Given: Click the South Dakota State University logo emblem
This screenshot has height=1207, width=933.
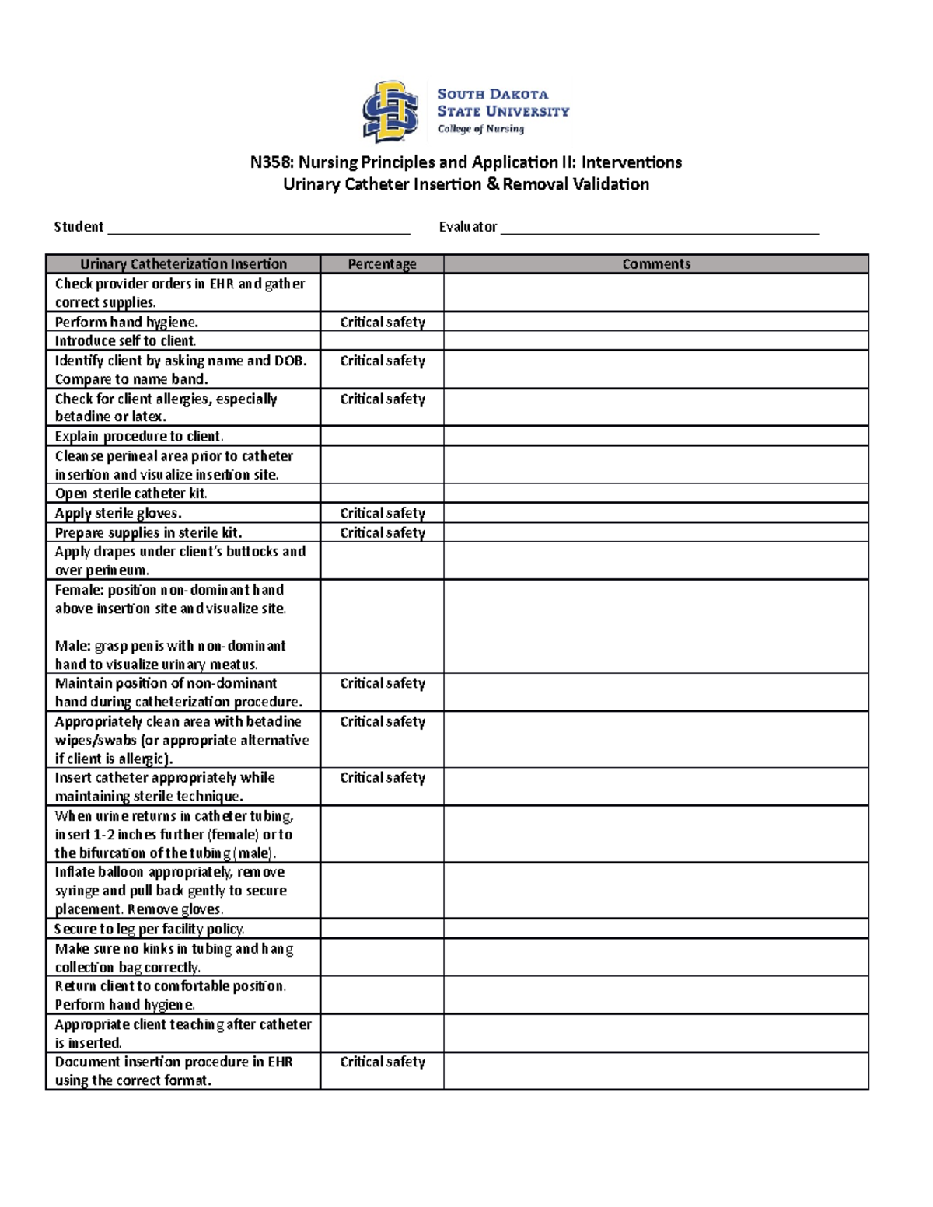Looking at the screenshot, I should point(390,112).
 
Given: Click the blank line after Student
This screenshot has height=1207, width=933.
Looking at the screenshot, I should point(258,227).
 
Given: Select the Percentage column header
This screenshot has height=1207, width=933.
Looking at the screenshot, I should point(382,264).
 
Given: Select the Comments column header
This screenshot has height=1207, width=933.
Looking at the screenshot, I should point(655,264).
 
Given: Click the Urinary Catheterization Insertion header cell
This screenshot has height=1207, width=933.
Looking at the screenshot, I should point(183,264).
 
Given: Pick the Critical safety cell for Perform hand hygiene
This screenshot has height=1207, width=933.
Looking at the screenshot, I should point(383,322).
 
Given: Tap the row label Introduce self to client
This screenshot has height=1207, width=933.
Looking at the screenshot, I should point(125,341).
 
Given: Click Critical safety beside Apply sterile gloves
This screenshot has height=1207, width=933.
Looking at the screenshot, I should point(383,513).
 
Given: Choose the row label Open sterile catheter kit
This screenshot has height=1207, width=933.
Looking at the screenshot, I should point(131,494).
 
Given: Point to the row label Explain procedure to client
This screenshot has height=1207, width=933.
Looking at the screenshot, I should point(139,436).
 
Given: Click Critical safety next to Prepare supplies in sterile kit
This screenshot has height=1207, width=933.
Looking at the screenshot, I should point(383,532).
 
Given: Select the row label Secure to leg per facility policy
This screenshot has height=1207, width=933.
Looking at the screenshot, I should point(149,929).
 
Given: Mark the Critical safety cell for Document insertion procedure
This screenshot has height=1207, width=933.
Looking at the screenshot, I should point(383,1062).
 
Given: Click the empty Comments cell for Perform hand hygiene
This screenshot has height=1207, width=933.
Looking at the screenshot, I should point(655,322).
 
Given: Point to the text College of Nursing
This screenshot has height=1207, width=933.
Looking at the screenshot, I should point(480,129).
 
